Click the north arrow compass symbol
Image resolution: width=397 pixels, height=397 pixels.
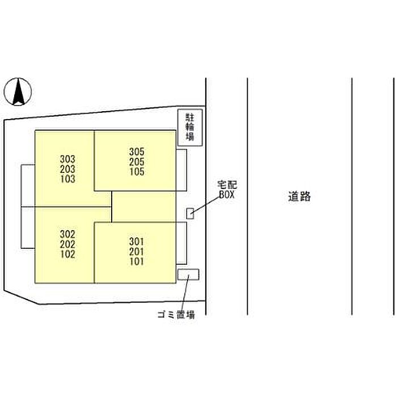18,91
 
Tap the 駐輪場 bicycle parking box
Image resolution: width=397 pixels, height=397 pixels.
190,128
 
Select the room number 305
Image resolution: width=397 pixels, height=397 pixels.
137,152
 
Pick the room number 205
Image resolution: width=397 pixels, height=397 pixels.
137,162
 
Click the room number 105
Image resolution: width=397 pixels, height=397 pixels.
137,172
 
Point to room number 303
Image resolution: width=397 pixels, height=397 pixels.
67,159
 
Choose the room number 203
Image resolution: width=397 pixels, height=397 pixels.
67,169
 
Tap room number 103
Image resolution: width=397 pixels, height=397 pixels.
67,179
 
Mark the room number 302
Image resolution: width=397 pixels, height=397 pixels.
67,234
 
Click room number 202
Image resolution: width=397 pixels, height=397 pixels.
67,244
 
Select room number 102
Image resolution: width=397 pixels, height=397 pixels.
67,254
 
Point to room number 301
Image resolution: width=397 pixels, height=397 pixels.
137,242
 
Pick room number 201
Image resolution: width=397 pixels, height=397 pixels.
137,251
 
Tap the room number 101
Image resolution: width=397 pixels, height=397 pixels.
137,261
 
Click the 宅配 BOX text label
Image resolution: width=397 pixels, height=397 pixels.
227,189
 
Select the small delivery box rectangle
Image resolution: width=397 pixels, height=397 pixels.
190,213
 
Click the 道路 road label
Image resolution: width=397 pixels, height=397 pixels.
299,196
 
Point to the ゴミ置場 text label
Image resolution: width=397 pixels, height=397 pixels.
176,315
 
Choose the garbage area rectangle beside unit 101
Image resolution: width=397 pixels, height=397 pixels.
188,274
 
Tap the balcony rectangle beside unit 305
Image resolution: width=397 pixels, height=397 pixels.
181,170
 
